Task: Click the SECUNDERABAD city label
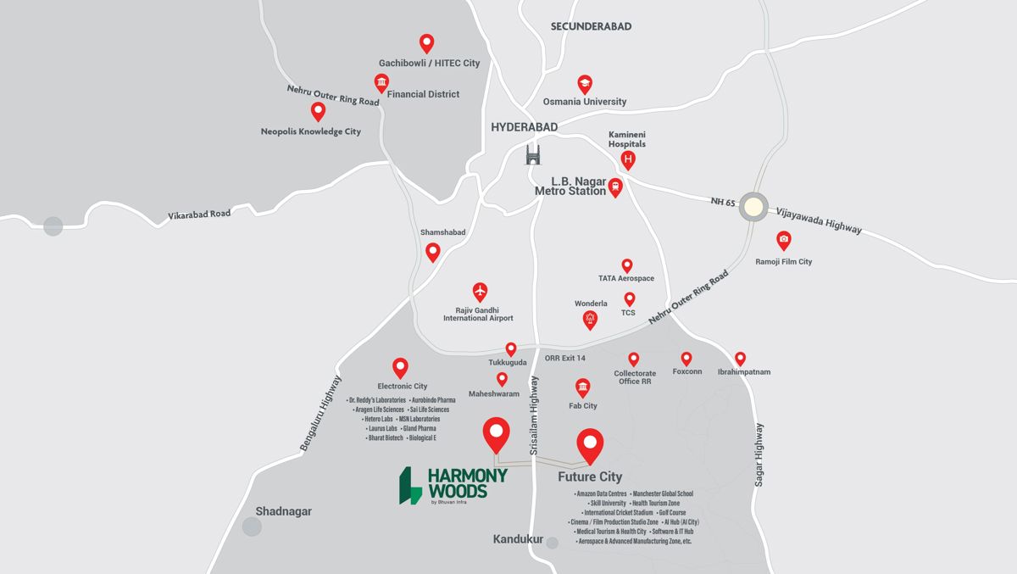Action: (x=591, y=26)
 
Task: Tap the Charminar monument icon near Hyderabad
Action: (x=533, y=155)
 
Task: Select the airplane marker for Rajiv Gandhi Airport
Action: (x=481, y=291)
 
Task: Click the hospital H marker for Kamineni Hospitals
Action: (x=628, y=159)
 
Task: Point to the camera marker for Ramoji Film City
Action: (x=784, y=240)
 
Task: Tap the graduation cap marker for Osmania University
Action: (x=585, y=83)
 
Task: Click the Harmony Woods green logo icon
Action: (x=411, y=485)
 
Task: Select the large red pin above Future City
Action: (x=590, y=444)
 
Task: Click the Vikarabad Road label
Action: (x=199, y=215)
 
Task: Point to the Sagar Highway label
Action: (x=759, y=454)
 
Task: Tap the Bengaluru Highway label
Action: (x=320, y=413)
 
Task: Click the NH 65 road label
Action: (x=723, y=203)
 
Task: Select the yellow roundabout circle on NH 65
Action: (x=753, y=207)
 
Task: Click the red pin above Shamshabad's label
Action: (x=433, y=251)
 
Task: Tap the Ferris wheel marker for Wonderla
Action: (x=591, y=319)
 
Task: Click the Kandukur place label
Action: (x=518, y=539)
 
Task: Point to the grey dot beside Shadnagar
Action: (x=252, y=527)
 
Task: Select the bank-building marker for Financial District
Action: (x=381, y=82)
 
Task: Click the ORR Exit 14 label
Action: (x=565, y=358)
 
